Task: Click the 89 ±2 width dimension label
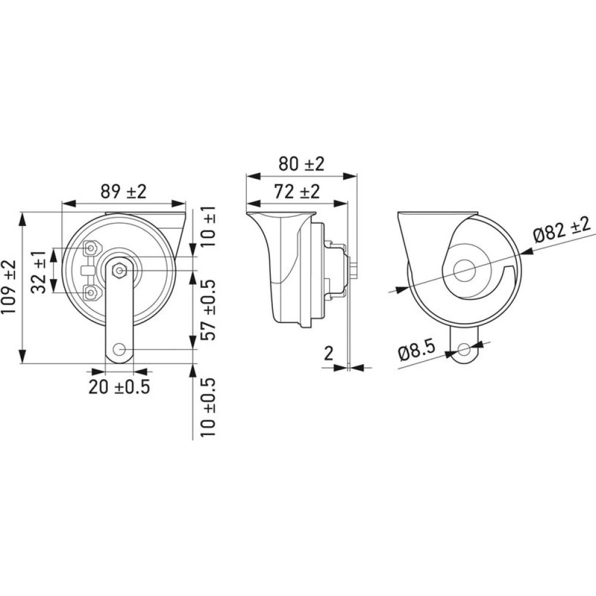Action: tap(123, 191)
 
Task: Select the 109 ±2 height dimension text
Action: tap(9, 287)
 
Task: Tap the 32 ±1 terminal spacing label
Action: tap(39, 272)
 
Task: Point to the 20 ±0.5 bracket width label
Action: tap(119, 387)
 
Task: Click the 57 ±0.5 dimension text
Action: tap(208, 310)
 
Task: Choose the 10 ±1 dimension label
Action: tap(208, 226)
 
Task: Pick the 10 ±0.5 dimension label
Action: tap(208, 407)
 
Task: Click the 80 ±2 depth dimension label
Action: tap(302, 164)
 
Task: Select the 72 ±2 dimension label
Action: tap(297, 191)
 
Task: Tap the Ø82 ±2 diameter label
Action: tap(562, 229)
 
